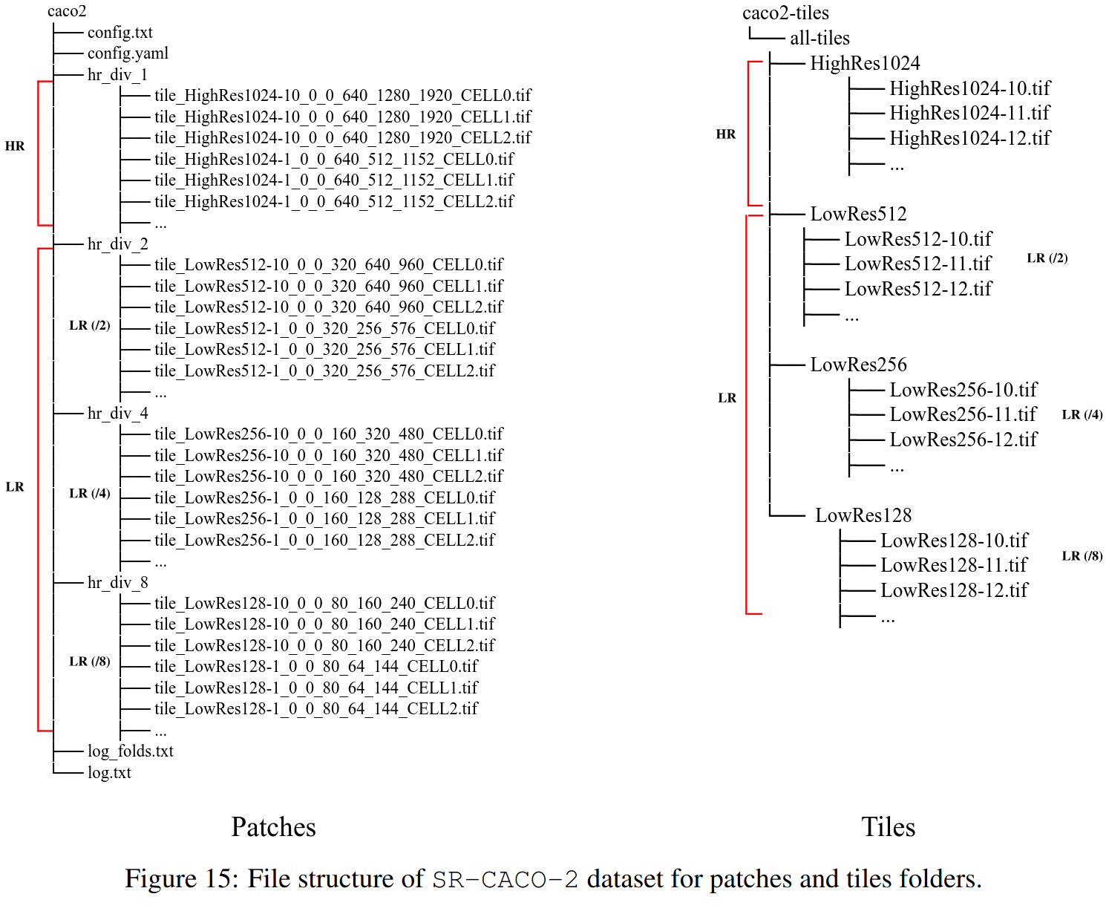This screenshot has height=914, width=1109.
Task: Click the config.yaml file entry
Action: pos(128,53)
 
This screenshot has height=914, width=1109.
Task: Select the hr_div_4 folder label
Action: pos(117,413)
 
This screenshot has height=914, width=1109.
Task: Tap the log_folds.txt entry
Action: pos(130,751)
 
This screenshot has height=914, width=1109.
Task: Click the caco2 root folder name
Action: pos(67,11)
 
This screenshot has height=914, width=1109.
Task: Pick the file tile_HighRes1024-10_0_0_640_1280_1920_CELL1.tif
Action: pos(342,117)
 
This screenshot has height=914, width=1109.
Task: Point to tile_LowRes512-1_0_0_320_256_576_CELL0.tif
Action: pos(324,328)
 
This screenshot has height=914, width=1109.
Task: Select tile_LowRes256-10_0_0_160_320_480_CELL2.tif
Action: pos(328,476)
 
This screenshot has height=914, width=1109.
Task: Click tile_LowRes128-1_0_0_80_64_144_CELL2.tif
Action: pos(315,708)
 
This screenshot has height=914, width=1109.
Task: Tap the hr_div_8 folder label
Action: pos(117,582)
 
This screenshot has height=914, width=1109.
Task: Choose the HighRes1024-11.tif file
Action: pos(969,113)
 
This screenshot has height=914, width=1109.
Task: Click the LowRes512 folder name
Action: pos(858,214)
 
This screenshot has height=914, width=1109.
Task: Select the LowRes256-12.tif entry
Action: pos(963,440)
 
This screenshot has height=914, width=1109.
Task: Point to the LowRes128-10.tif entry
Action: pos(954,541)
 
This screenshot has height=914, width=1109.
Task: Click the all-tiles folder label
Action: pos(820,38)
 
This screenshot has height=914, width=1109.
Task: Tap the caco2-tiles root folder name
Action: pos(785,13)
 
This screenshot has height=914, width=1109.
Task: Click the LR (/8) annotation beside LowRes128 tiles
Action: pos(1082,556)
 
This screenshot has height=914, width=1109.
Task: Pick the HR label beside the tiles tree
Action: pos(725,134)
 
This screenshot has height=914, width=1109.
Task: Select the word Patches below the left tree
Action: pos(273,827)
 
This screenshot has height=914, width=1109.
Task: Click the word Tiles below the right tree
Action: pos(888,827)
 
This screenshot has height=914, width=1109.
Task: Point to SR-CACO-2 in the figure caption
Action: pos(505,880)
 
